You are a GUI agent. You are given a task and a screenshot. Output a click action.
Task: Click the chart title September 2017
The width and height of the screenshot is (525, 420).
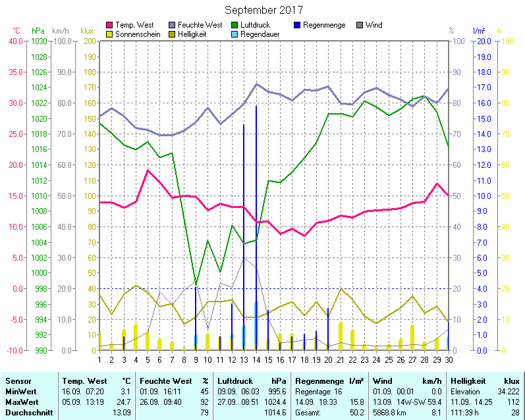pyautogui.click(x=263, y=10)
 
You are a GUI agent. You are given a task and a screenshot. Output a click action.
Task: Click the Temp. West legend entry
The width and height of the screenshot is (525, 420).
pyautogui.click(x=134, y=25)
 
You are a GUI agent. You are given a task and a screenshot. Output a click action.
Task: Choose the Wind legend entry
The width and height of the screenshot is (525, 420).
pyautogui.click(x=373, y=25)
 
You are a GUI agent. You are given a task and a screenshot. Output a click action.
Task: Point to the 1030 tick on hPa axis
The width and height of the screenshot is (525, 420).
pyautogui.click(x=39, y=41)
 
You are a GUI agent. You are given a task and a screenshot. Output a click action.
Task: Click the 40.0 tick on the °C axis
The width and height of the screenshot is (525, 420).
pyautogui.click(x=15, y=41)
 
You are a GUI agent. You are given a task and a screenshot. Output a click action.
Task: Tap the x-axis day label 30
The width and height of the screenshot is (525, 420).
pyautogui.click(x=449, y=359)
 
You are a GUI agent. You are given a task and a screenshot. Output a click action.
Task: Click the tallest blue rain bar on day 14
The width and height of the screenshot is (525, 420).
pyautogui.click(x=256, y=197)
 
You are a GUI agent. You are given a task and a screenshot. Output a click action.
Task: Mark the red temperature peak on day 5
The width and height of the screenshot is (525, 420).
pyautogui.click(x=148, y=171)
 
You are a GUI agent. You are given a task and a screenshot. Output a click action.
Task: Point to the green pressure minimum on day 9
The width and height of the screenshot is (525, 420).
pyautogui.click(x=195, y=284)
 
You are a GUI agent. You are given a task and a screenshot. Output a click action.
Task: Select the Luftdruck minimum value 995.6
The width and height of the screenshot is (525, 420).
pyautogui.click(x=277, y=391)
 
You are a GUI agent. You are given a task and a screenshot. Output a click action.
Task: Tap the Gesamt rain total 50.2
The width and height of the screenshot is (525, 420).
pyautogui.click(x=356, y=412)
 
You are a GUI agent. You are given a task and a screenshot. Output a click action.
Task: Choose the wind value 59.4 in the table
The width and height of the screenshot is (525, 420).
pyautogui.click(x=431, y=402)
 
